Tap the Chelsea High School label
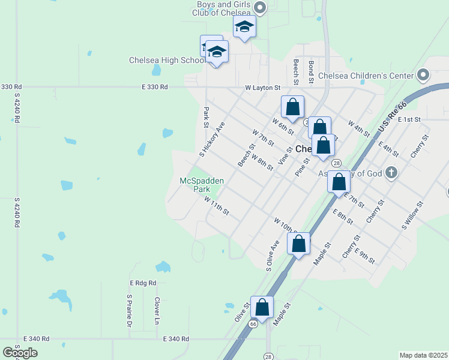pyautogui.click(x=167, y=60)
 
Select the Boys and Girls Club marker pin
pyautogui.click(x=260, y=8)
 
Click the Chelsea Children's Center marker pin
pyautogui.click(x=423, y=76)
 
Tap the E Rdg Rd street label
pyautogui.click(x=143, y=283)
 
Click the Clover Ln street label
pyautogui.click(x=157, y=307)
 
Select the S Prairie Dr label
pyautogui.click(x=129, y=311)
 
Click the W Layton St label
pyautogui.click(x=263, y=88)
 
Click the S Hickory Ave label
pyautogui.click(x=212, y=139)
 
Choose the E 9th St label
pyautogui.click(x=364, y=256)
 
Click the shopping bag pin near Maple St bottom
pyautogui.click(x=262, y=307)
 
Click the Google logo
pyautogui.click(x=20, y=352)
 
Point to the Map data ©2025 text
pyautogui.click(x=423, y=355)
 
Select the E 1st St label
pyautogui.click(x=409, y=120)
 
